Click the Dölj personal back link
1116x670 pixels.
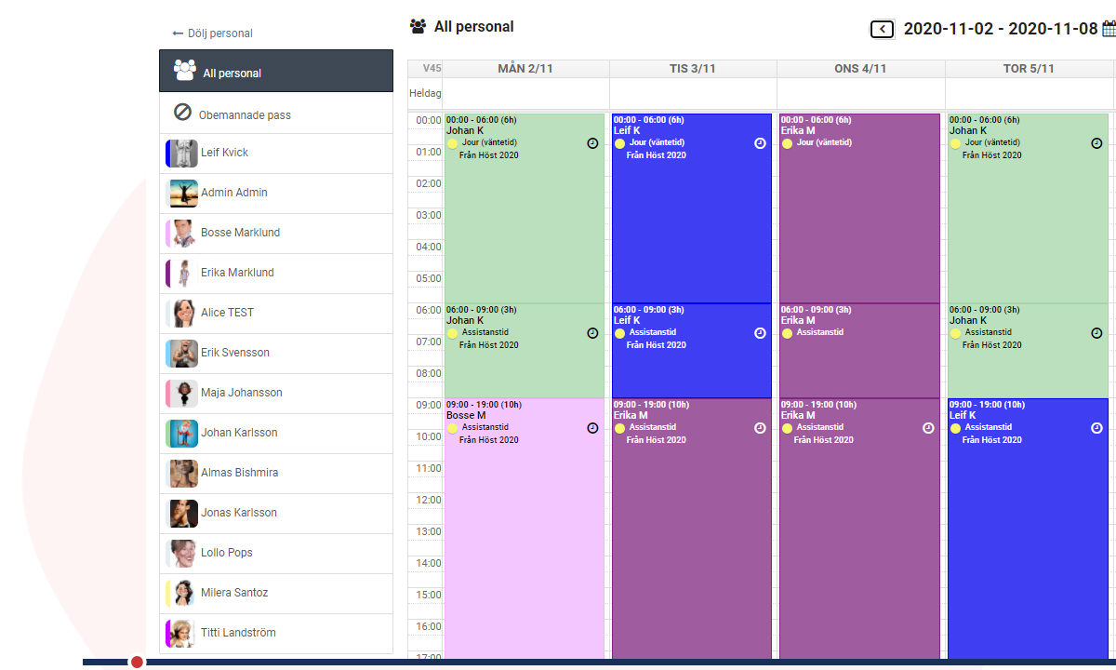(213, 33)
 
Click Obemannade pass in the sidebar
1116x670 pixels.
(244, 114)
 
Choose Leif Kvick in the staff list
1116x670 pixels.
(224, 153)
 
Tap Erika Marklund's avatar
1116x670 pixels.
(181, 273)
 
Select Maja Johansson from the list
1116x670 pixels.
(241, 393)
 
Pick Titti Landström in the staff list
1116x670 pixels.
(238, 633)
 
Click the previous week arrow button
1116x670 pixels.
(882, 30)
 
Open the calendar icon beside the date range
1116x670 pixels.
(1109, 29)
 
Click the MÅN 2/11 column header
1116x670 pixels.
(525, 69)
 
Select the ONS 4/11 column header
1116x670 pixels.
(860, 69)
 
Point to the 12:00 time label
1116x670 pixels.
(428, 500)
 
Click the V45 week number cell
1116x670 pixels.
(432, 69)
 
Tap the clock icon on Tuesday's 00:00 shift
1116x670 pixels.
(760, 143)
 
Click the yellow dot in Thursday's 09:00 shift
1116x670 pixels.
(955, 428)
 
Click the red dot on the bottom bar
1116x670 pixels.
(138, 662)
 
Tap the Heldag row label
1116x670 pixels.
(425, 93)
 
